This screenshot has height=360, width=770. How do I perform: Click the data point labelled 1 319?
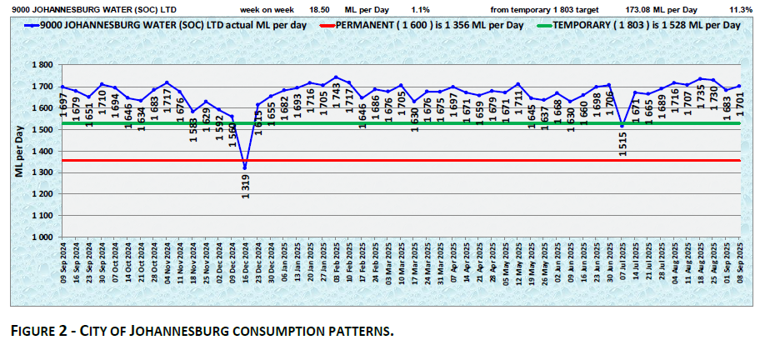(244, 167)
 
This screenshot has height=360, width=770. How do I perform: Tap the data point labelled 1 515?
(622, 126)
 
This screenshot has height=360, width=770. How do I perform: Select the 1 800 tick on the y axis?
(42, 65)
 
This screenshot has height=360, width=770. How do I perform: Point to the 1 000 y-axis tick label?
(42, 237)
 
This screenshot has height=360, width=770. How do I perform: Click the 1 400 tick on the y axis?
(42, 151)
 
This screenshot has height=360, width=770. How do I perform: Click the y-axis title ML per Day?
(18, 152)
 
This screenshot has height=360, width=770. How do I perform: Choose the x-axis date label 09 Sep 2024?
(62, 264)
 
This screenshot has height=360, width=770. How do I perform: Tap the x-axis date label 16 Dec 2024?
(244, 264)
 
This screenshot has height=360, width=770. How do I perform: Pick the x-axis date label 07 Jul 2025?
(622, 264)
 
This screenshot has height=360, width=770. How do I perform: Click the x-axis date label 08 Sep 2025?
(739, 264)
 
